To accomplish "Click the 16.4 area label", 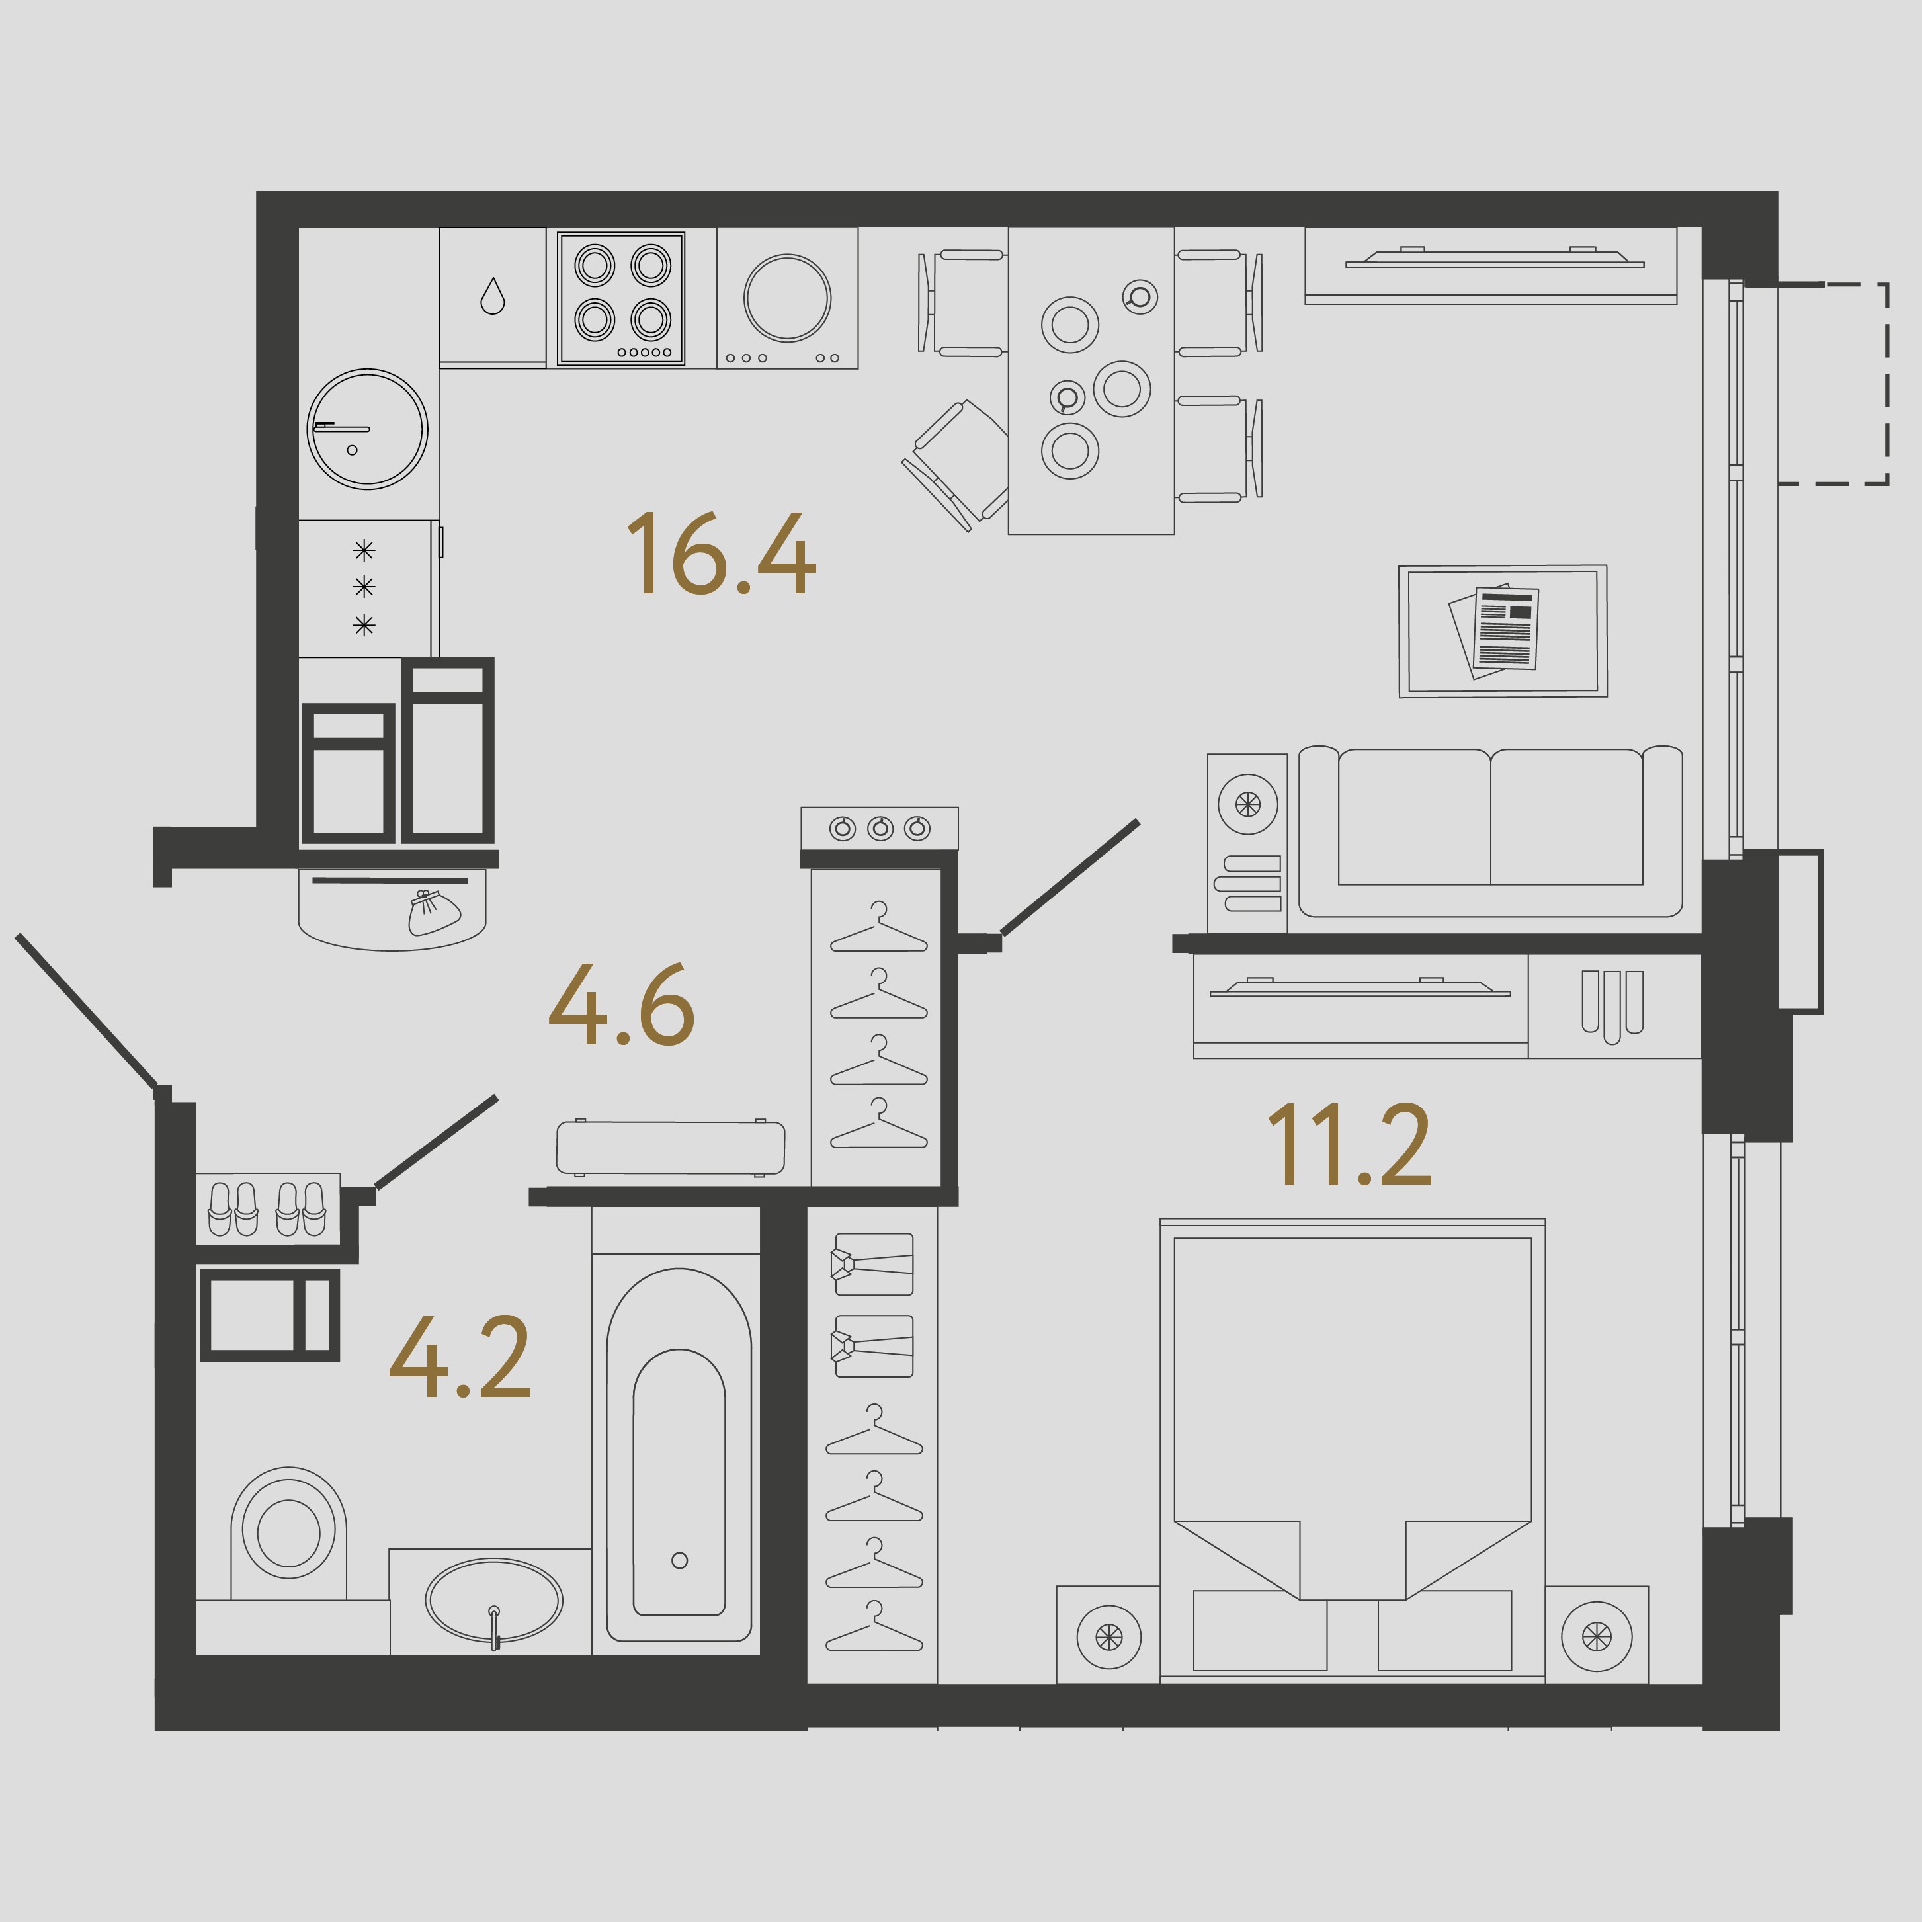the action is (720, 554).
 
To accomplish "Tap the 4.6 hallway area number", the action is (621, 1005).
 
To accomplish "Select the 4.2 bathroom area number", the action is (460, 1357).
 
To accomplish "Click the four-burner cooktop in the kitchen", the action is (622, 298).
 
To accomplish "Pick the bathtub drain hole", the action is (679, 1560).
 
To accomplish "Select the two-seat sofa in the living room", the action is (1490, 831).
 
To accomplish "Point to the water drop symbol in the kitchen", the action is (493, 296).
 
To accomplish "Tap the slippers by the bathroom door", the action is (267, 1209).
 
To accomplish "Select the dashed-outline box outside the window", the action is (1833, 384).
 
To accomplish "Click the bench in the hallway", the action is (671, 1147).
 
